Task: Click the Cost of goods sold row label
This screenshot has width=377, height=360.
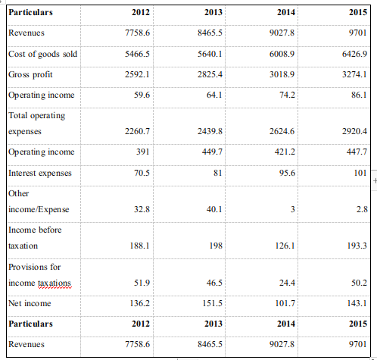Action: point(43,55)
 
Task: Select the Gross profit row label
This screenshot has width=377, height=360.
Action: point(30,76)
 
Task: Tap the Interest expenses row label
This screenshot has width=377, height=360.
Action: point(39,173)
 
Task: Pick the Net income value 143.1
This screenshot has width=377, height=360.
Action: point(356,302)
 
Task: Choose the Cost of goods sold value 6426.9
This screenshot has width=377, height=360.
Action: point(354,55)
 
